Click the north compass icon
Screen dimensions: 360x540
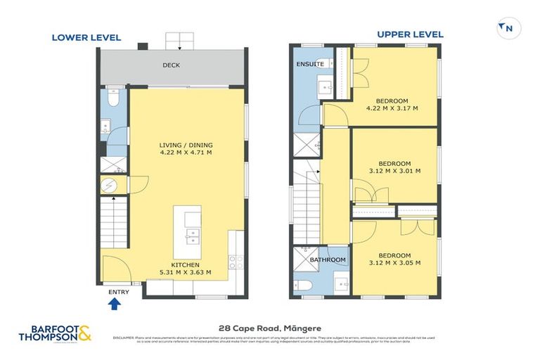505,28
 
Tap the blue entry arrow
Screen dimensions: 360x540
115,304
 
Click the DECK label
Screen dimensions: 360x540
172,65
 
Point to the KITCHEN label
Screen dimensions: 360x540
186,264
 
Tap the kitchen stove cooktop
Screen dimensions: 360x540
237,262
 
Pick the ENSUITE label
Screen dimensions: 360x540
310,64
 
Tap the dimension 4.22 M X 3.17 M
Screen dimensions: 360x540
392,108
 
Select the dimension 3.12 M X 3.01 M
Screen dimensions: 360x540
392,170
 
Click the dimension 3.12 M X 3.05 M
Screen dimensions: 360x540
392,262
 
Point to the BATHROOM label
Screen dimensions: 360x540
328,260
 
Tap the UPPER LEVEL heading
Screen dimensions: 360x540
409,34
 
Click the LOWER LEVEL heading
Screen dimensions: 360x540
86,37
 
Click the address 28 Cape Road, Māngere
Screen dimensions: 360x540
269,327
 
